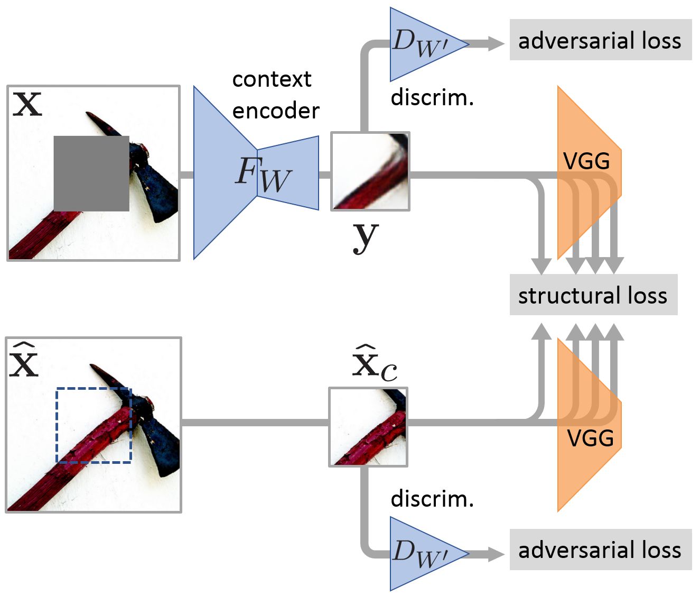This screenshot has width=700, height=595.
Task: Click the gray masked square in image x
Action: pyautogui.click(x=91, y=173)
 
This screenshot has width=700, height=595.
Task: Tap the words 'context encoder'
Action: pyautogui.click(x=275, y=95)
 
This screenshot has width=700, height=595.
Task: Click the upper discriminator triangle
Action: pyautogui.click(x=423, y=44)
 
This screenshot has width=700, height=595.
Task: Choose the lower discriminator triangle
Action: pyautogui.click(x=423, y=554)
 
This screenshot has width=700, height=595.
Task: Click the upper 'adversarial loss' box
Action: pyautogui.click(x=600, y=40)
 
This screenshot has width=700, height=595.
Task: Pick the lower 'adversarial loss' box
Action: pyautogui.click(x=600, y=550)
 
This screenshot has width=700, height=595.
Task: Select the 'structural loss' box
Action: pyautogui.click(x=593, y=295)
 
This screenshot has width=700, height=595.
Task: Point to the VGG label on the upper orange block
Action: pyautogui.click(x=586, y=161)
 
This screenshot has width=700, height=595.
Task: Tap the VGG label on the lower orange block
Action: pyautogui.click(x=590, y=438)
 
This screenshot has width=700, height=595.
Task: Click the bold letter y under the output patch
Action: pyautogui.click(x=366, y=237)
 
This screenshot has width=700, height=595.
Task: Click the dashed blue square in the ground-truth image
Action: pyautogui.click(x=94, y=425)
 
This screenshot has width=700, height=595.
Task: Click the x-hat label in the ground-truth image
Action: pyautogui.click(x=24, y=361)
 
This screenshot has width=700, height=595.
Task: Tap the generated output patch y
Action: pyautogui.click(x=370, y=171)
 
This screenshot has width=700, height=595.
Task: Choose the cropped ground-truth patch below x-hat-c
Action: pyautogui.click(x=368, y=427)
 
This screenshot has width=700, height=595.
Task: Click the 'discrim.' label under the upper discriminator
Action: pyautogui.click(x=432, y=98)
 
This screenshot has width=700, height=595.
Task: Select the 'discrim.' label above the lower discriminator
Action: pyautogui.click(x=432, y=499)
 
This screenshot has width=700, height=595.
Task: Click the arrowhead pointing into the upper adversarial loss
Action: pyautogui.click(x=496, y=44)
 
